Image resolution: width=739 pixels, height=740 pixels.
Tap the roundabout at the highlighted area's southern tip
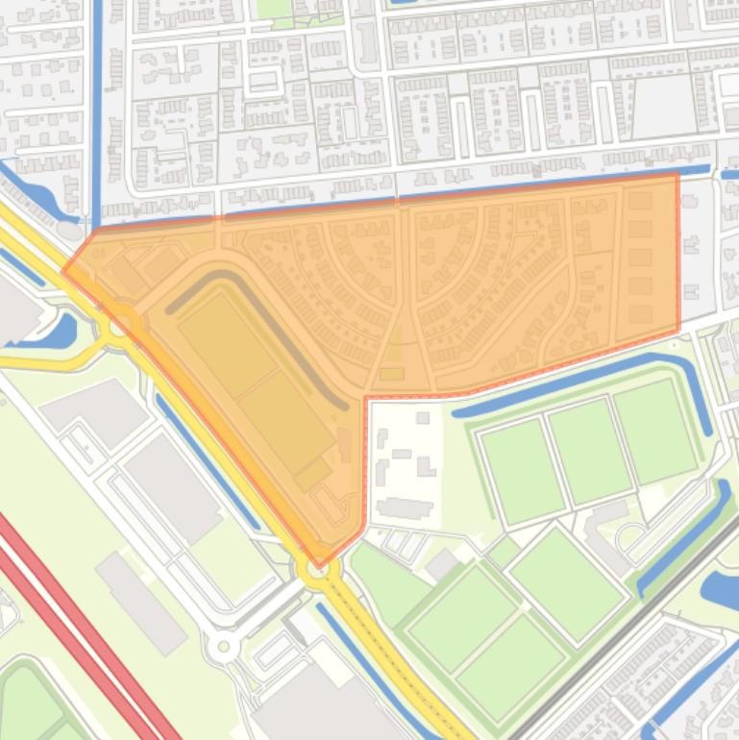point(319,571)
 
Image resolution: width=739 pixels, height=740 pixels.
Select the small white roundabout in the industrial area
point(225,647)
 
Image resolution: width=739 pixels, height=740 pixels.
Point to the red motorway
point(77,625)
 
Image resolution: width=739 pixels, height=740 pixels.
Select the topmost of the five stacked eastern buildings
point(640,201)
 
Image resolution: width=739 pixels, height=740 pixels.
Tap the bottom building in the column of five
point(640,314)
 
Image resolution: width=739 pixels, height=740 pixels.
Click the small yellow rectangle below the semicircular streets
point(391,373)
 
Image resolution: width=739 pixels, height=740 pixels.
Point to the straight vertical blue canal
point(96,106)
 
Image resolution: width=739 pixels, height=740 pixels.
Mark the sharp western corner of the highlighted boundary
point(63,271)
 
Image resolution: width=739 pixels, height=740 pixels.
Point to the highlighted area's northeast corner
point(677,174)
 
